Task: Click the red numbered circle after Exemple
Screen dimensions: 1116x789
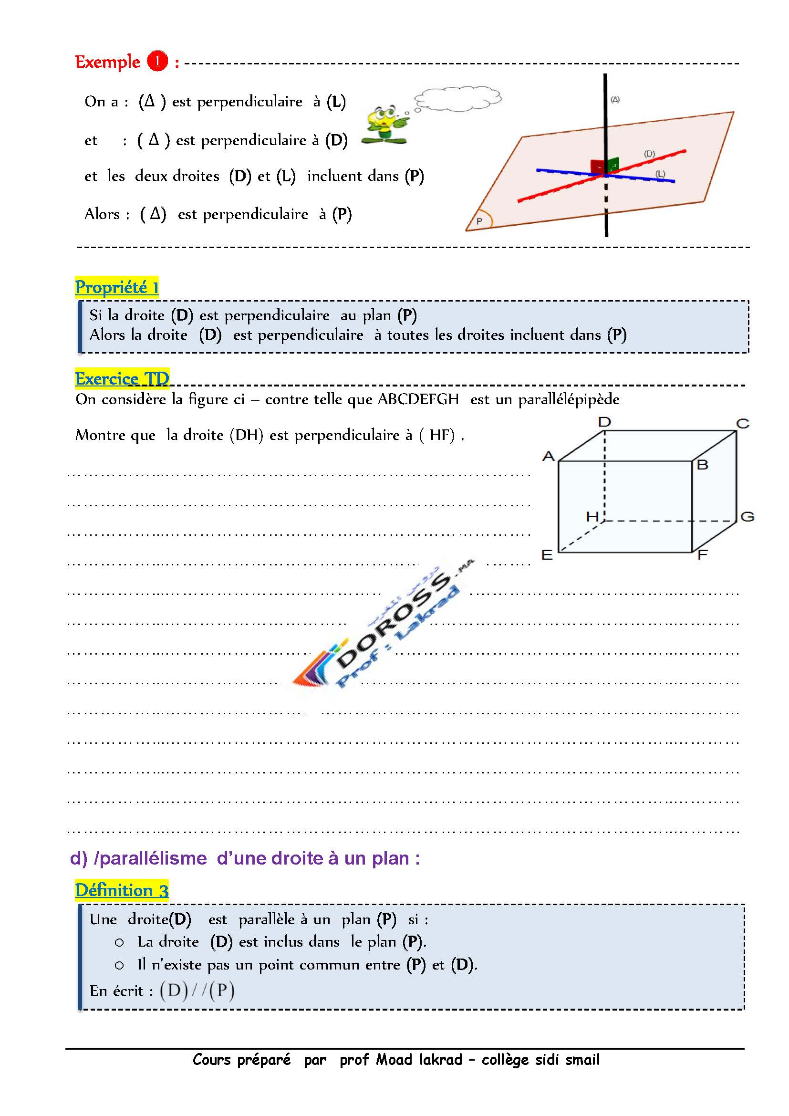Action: pos(157,62)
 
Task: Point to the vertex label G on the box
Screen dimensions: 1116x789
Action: pos(747,516)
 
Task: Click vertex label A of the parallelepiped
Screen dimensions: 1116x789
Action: pos(549,456)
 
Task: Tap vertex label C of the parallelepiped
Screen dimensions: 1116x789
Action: pos(743,423)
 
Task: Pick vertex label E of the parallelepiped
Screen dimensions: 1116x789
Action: pos(547,554)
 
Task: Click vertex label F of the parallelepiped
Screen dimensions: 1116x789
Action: pos(702,554)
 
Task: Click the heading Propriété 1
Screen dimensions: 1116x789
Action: pos(116,287)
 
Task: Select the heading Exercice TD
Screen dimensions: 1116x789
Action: pos(122,378)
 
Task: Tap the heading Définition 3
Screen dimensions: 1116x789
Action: pos(122,890)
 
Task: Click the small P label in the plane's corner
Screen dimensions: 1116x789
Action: pos(479,221)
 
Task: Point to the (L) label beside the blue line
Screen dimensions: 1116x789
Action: pos(660,174)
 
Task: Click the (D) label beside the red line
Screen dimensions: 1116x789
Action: pos(649,154)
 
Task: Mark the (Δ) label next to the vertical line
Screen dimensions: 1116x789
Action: pos(615,100)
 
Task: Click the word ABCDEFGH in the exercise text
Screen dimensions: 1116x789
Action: pos(418,399)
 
